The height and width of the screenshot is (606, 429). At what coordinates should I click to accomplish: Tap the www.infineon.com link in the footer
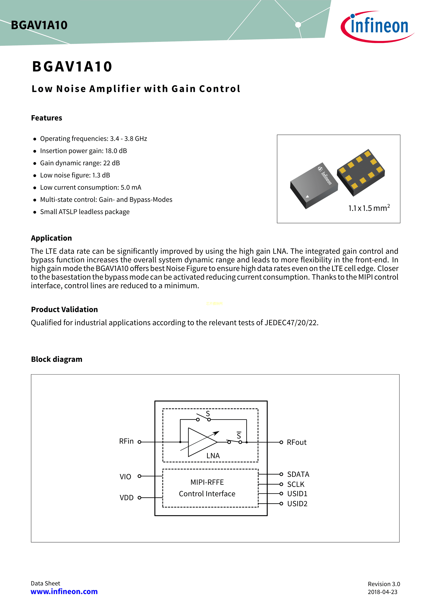tap(64, 591)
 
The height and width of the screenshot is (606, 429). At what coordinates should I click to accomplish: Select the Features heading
tap(47, 118)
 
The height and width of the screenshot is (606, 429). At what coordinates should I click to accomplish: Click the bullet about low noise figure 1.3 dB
tap(75, 175)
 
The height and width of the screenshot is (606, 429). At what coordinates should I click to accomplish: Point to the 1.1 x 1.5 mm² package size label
tap(369, 208)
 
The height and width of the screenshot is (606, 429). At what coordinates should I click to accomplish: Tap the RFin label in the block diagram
tap(126, 441)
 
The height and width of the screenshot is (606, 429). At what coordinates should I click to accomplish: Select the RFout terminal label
tap(296, 442)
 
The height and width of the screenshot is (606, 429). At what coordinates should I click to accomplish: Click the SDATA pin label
tap(298, 474)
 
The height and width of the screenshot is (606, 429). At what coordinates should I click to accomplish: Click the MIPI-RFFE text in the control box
tap(207, 482)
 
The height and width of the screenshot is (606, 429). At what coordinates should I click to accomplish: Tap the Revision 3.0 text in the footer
tap(384, 584)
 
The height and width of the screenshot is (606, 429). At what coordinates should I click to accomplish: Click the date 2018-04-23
tap(382, 592)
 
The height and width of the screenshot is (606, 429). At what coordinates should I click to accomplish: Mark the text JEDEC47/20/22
tap(291, 323)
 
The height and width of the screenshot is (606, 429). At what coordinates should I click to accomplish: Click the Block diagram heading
tap(57, 359)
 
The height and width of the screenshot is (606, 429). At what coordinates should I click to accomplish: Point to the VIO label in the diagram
tap(125, 477)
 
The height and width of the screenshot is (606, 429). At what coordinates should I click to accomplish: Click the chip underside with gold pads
tap(361, 172)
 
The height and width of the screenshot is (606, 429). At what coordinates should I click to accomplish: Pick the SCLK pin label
tap(296, 484)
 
